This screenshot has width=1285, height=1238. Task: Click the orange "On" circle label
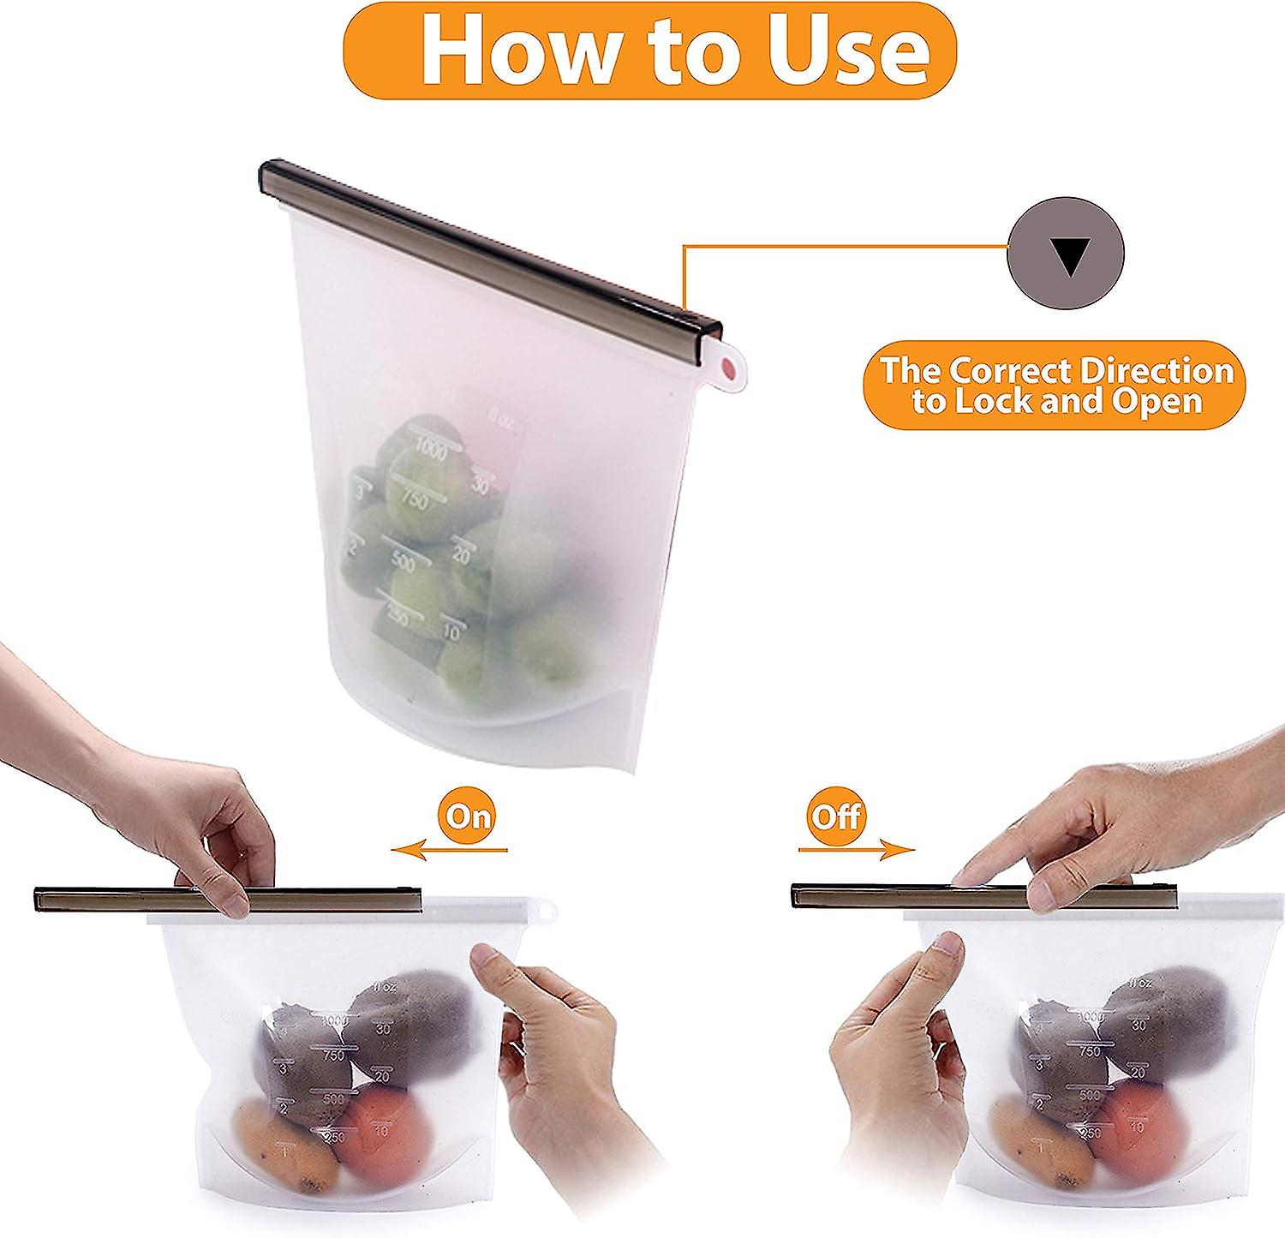(467, 815)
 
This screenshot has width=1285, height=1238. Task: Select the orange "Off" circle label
(836, 815)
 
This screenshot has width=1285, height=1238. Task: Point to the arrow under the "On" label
(450, 850)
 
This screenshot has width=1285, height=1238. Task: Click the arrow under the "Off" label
(857, 850)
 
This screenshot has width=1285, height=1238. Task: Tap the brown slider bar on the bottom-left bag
(128, 900)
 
